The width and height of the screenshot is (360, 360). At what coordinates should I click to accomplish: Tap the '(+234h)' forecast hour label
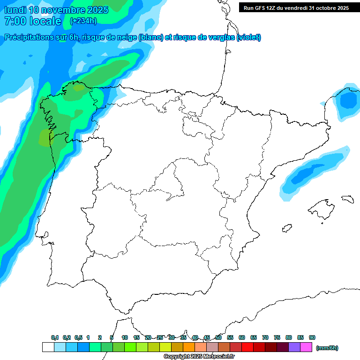(83, 21)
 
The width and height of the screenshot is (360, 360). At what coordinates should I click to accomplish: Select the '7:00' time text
(14, 21)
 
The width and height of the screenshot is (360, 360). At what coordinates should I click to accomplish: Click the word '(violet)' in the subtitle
(249, 37)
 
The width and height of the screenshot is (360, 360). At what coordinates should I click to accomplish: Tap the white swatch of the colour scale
(48, 347)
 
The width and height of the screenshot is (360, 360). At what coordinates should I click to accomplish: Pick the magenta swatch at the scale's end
(306, 347)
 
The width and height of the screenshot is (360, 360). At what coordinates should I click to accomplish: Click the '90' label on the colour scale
(312, 337)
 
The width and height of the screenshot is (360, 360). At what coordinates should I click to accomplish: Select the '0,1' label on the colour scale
(55, 337)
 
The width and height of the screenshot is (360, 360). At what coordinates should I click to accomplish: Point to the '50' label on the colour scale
(218, 337)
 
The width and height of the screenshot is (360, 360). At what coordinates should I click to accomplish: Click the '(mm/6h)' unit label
(327, 348)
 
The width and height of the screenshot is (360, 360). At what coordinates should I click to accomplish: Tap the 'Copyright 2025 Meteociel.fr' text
(199, 357)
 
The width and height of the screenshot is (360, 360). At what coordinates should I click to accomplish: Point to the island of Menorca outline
(347, 199)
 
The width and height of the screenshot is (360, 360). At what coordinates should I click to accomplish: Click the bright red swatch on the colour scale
(247, 347)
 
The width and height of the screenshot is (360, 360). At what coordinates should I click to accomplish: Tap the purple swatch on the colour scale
(294, 347)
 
